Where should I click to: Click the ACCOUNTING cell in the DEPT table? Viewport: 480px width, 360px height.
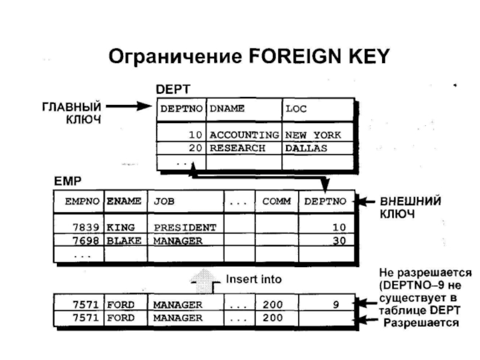coord(244,135)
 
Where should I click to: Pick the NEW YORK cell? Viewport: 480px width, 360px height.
coord(313,135)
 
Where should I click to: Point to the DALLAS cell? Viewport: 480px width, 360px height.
coord(306,148)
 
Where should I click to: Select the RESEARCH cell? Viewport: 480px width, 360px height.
coord(237,148)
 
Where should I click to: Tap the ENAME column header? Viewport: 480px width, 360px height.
coord(124,202)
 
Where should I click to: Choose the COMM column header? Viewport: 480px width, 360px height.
coord(276,202)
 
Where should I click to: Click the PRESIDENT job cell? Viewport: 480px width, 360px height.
coord(184,228)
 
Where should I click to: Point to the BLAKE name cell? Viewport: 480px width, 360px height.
coord(124,241)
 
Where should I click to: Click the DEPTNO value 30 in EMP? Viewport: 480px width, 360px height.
coord(339,241)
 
